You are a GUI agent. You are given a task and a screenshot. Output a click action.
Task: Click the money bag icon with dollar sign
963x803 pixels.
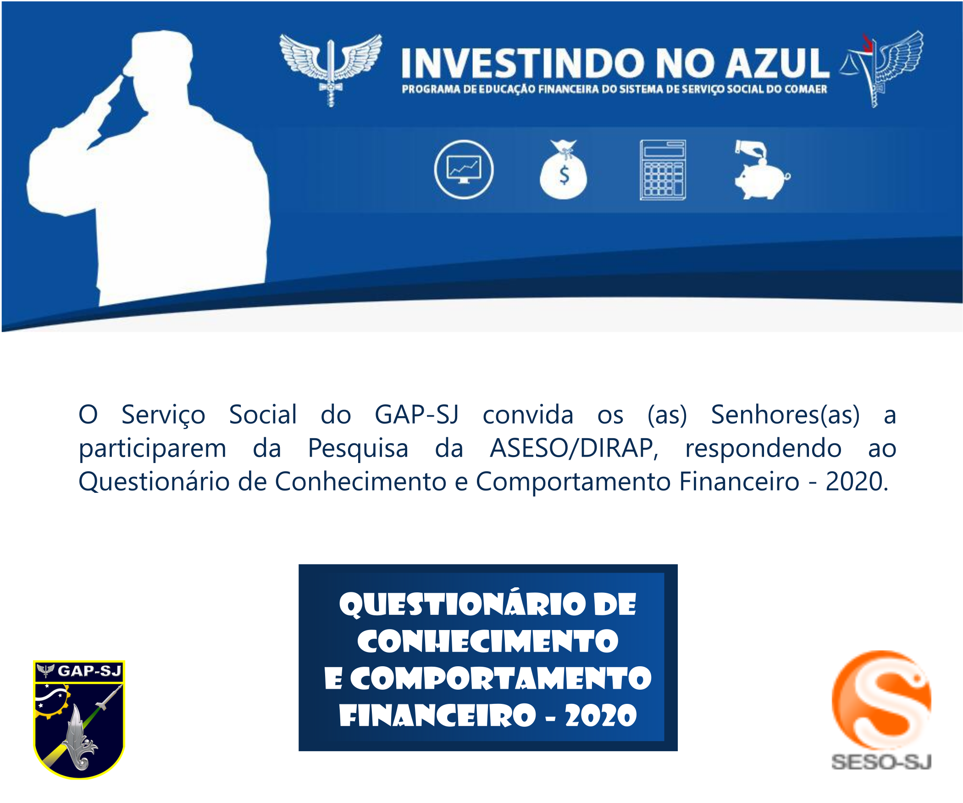coord(564,169)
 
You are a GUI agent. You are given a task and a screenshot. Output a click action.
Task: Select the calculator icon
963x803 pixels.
coord(663,170)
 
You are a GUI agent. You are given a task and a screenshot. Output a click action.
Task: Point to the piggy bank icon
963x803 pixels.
coord(762,169)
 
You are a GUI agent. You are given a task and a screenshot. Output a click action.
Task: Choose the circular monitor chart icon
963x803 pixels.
coord(464,169)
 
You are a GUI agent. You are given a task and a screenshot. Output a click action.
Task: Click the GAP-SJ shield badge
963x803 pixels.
coord(79,719)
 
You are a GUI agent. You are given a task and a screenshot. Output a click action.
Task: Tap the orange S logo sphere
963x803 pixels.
coord(881,700)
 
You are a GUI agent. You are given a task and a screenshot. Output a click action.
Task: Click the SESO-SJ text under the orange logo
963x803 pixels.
coord(881,762)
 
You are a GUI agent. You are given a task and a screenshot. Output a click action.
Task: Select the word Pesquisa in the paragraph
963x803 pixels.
coord(358,449)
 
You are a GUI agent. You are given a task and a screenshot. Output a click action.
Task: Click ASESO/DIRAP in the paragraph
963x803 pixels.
coord(574,448)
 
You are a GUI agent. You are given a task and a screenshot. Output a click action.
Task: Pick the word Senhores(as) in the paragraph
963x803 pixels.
coord(785,415)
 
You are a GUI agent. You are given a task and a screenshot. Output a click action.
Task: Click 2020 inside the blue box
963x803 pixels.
coord(601,715)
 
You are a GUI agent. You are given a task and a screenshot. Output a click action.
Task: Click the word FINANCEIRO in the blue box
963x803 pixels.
coord(437,715)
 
